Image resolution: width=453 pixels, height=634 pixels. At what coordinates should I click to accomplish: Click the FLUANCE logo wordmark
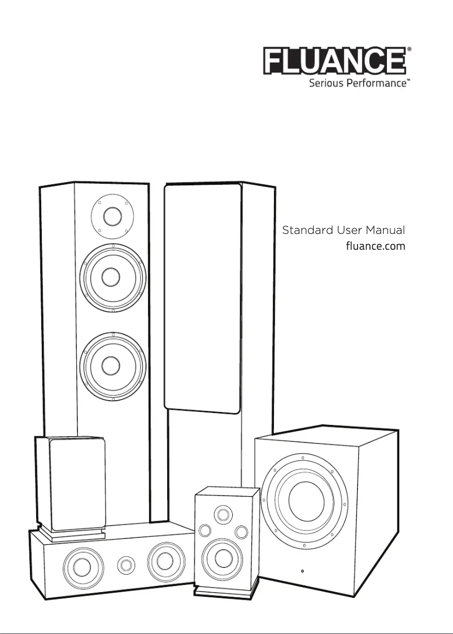tap(334, 61)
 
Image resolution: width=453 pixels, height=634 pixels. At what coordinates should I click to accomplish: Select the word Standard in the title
tap(305, 231)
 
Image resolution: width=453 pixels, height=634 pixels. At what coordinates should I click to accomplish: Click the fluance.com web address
tap(375, 246)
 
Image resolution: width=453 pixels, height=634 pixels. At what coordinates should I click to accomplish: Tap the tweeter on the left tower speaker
tap(112, 216)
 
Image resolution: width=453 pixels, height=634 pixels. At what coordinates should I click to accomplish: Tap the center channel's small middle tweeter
tap(126, 564)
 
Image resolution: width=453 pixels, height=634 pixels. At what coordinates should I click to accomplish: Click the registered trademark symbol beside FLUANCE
tap(408, 50)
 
